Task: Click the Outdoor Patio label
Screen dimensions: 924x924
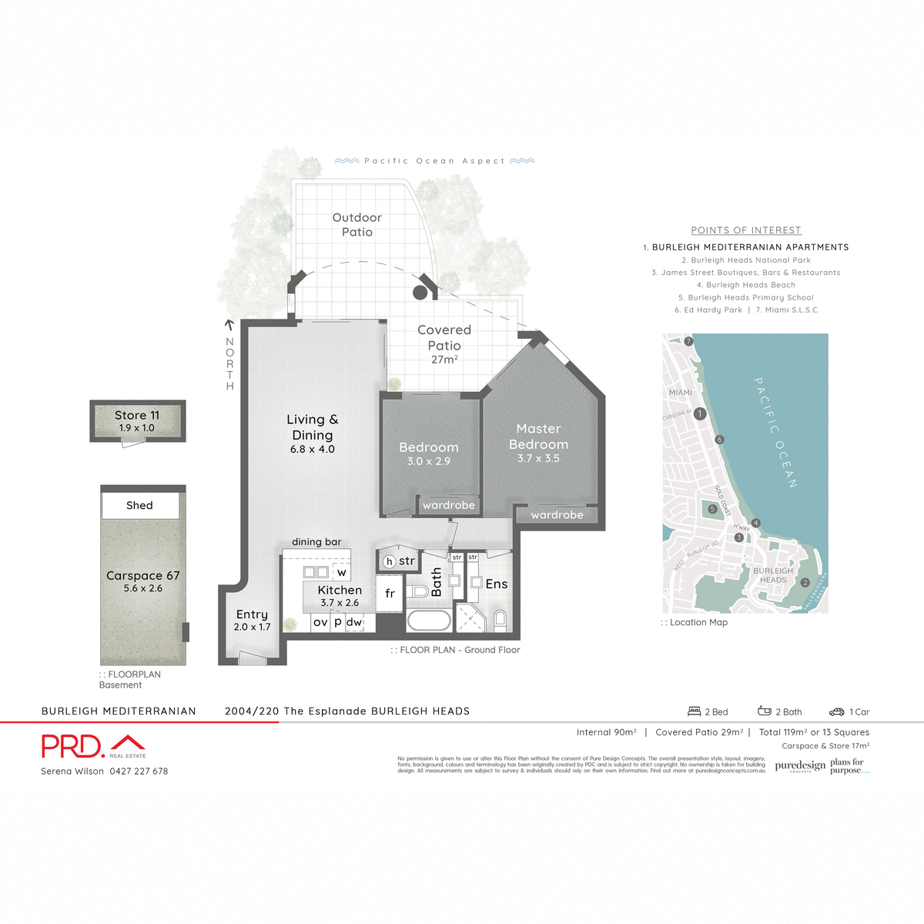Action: tap(357, 225)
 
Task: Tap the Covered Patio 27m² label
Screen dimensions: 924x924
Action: tap(444, 344)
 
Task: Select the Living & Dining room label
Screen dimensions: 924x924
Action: tap(312, 434)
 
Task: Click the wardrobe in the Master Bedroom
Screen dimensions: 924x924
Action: tap(557, 515)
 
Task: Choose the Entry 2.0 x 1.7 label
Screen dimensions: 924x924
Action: tap(252, 620)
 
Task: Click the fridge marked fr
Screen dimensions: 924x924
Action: tap(390, 594)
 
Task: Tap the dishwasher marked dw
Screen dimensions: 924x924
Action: tap(354, 622)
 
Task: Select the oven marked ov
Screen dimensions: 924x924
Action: tap(320, 622)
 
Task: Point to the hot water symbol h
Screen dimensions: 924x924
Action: tap(390, 561)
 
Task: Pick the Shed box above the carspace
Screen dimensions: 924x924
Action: tap(140, 506)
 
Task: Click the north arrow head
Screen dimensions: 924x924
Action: tap(229, 324)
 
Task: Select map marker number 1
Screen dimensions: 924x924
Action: tap(700, 413)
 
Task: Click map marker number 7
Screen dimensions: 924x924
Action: tap(689, 341)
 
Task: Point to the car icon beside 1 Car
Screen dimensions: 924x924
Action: tap(836, 712)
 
